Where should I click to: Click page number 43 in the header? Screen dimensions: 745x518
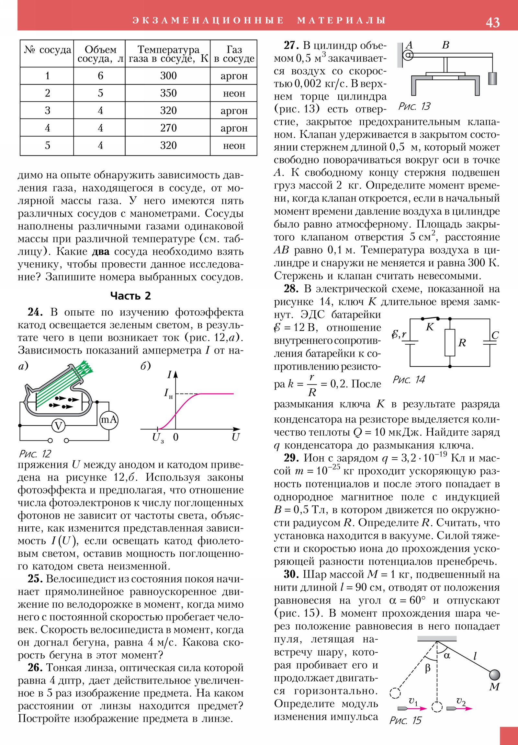click(x=492, y=22)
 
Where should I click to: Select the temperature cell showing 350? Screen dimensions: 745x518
click(x=168, y=93)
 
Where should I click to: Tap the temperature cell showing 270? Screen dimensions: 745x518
click(x=168, y=128)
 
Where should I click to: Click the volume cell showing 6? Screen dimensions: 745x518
click(x=100, y=75)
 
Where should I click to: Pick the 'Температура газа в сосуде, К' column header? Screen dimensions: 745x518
click(x=168, y=54)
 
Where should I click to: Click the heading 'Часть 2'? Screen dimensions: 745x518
click(x=130, y=296)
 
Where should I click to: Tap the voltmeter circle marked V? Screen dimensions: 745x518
click(x=59, y=425)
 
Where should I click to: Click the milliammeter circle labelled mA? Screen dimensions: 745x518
click(x=109, y=420)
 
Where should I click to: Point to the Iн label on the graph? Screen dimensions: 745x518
click(x=168, y=394)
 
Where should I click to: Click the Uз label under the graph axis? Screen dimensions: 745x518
click(x=158, y=438)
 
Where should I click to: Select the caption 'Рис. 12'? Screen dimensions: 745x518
click(x=35, y=453)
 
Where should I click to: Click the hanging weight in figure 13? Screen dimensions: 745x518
click(x=492, y=78)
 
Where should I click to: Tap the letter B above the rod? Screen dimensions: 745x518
click(x=446, y=45)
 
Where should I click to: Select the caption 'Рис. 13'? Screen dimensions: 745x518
click(x=414, y=107)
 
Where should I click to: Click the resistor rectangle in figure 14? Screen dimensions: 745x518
click(x=450, y=342)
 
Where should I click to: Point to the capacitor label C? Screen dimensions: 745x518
click(x=495, y=335)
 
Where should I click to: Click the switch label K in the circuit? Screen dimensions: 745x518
click(x=429, y=327)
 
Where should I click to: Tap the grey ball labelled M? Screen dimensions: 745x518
click(x=494, y=675)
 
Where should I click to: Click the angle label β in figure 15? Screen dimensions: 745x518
click(x=428, y=668)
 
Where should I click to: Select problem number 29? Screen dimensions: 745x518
click(x=291, y=458)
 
